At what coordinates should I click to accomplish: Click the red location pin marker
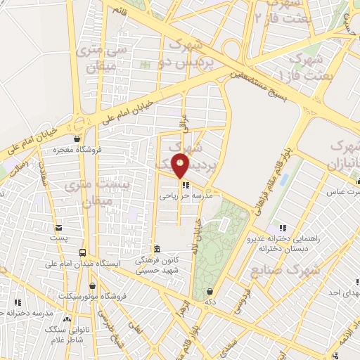(x=181, y=165)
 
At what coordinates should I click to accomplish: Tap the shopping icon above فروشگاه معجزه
(x=76, y=139)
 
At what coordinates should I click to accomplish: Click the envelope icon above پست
(x=58, y=227)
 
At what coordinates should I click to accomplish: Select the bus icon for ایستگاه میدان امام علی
(x=84, y=252)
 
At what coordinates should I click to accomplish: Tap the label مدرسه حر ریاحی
(x=185, y=196)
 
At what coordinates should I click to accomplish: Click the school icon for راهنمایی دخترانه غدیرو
(x=282, y=227)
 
